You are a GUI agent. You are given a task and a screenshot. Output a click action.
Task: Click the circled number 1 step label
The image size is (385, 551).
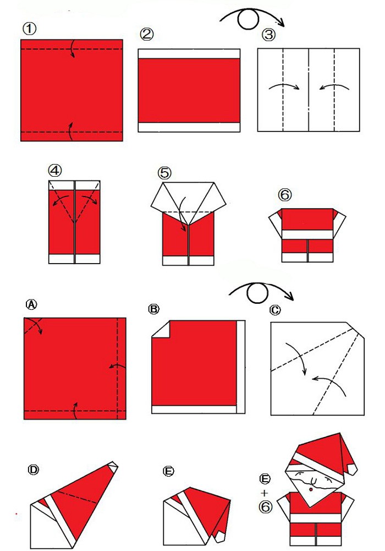coord(30,29)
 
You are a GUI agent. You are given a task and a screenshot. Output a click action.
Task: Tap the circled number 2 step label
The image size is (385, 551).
coord(147,34)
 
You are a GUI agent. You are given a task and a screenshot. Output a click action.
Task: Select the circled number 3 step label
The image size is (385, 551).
coord(269,35)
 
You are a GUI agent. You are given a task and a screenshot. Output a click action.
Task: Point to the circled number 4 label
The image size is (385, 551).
coord(55,171)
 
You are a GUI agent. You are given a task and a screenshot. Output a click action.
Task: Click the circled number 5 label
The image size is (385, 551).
coord(164,173)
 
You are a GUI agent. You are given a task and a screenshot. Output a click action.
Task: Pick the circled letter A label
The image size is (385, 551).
coord(31,304)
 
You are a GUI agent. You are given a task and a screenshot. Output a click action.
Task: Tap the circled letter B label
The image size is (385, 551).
coord(153,309)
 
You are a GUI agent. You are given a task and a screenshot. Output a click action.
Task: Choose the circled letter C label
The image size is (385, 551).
coord(275,310)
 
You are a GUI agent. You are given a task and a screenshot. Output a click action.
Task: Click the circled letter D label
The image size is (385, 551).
coord(34,470)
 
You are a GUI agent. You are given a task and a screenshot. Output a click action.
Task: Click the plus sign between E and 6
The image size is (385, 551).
coord(264,493)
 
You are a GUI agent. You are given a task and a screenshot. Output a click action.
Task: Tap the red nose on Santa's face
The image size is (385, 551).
coord(311,489)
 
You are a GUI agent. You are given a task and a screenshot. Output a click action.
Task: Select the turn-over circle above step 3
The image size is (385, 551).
coord(248,18)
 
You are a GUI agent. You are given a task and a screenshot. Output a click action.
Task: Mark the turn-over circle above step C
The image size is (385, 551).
coord(257,293)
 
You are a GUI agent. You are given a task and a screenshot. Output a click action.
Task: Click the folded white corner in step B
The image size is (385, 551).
coord(159,330)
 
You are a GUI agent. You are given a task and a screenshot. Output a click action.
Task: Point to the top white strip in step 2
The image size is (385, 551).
coord(189,54)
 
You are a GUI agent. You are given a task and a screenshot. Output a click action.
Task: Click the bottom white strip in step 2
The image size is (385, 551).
coord(189,127)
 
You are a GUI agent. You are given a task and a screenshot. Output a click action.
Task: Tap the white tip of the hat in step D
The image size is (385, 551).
coord(113,466)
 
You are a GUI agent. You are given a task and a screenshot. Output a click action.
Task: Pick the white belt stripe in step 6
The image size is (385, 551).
coord(307,234)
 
